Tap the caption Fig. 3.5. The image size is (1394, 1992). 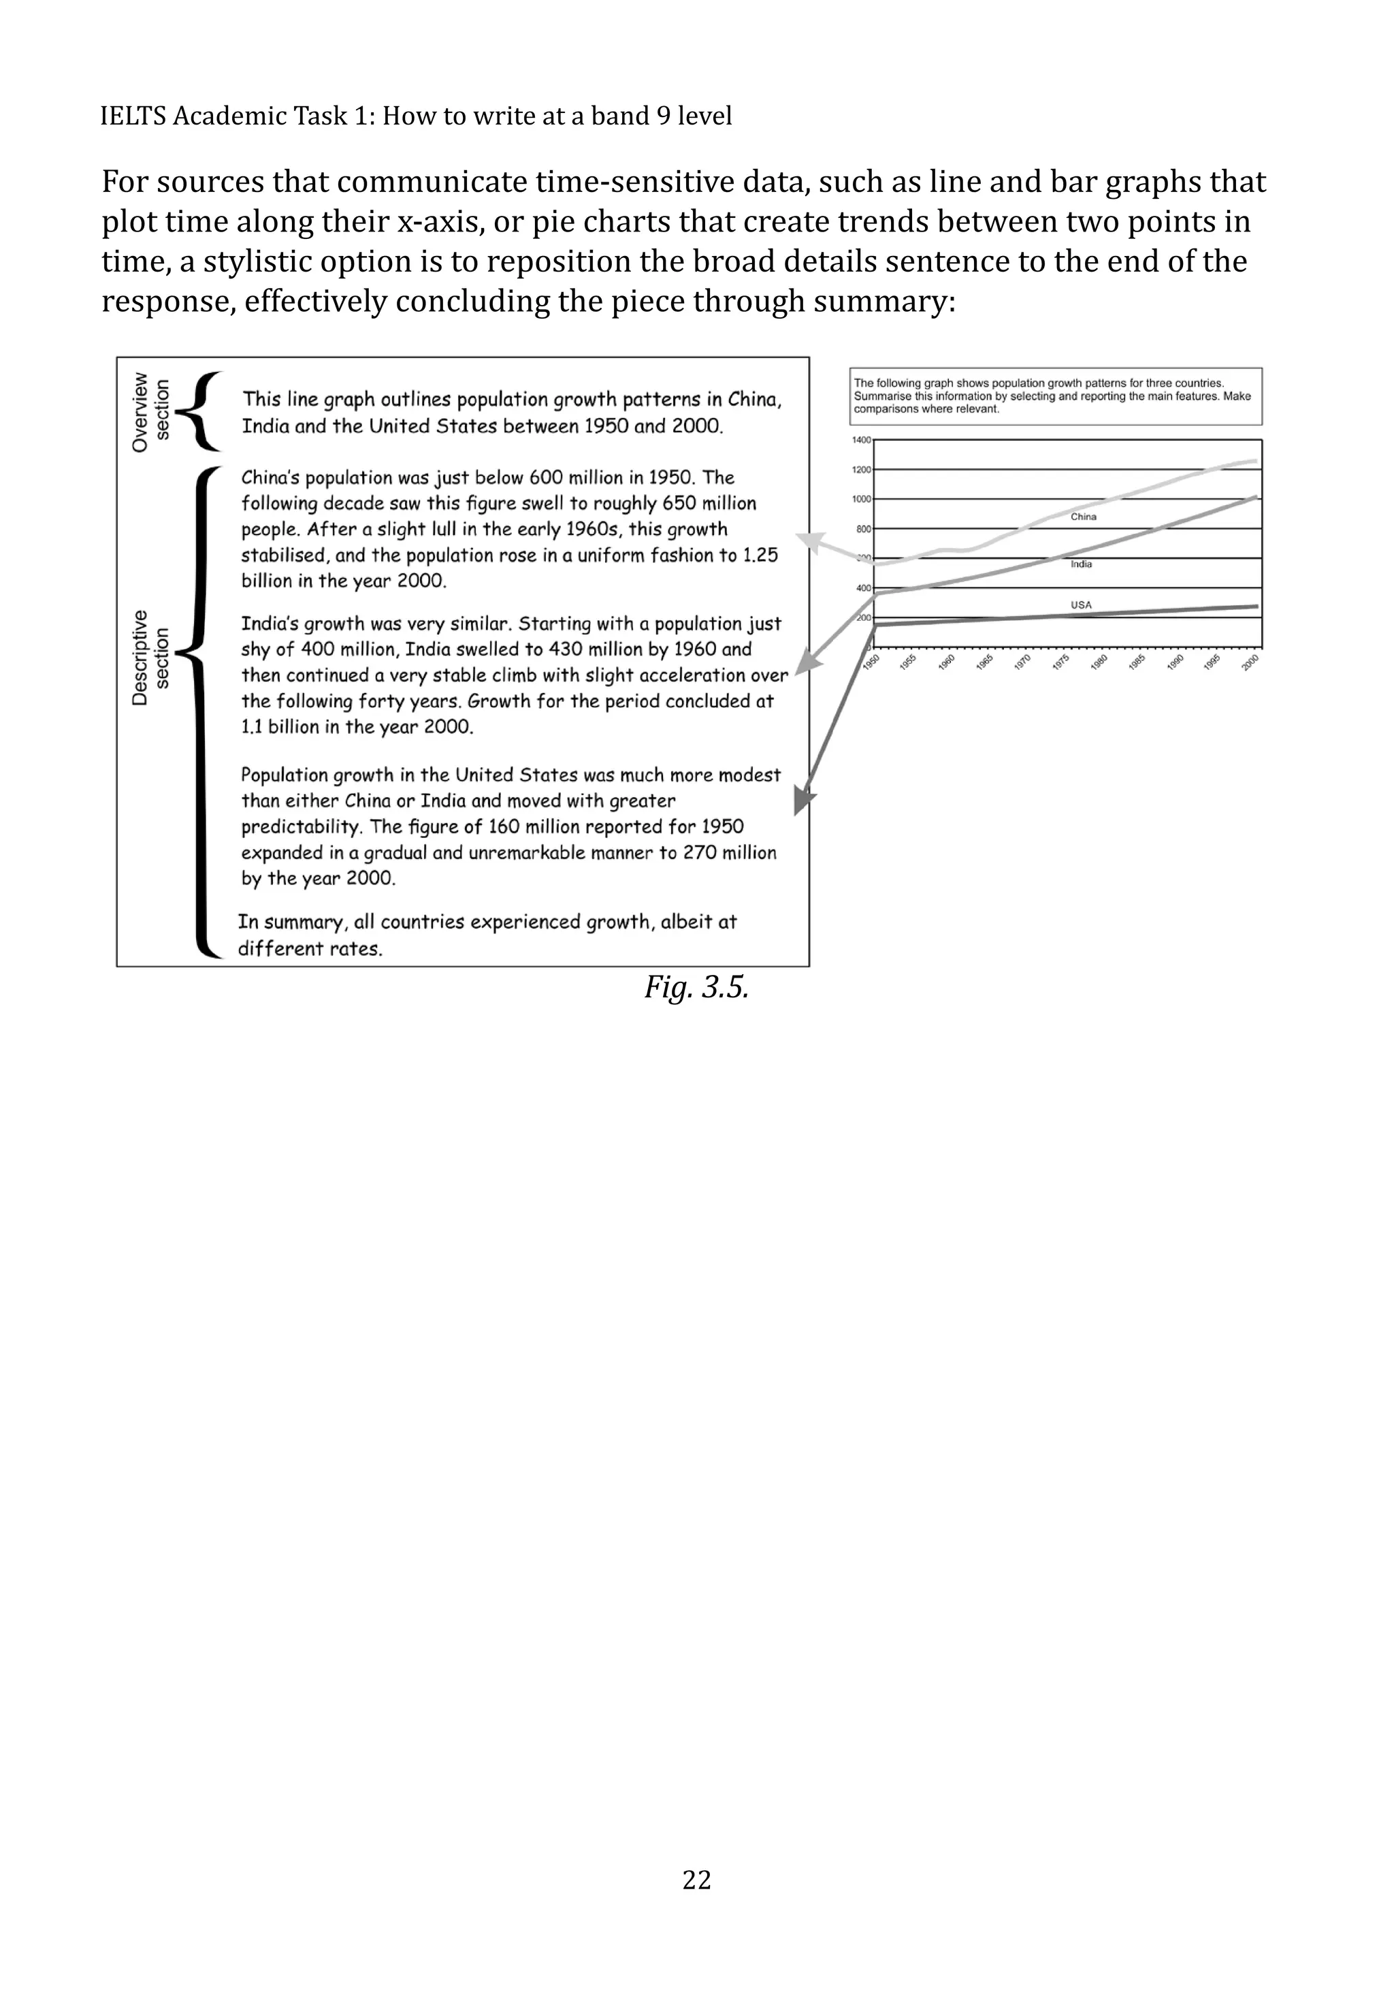point(696,986)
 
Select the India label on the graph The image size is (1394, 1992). point(1081,564)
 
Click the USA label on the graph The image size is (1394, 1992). point(1081,605)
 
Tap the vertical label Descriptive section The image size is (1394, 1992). point(150,657)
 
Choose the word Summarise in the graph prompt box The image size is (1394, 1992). point(882,396)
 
